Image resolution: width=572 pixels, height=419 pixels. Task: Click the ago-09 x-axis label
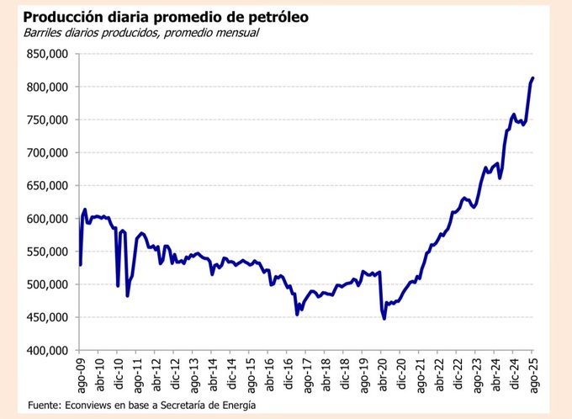(x=80, y=373)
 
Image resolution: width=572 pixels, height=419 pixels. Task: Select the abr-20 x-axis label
(x=383, y=373)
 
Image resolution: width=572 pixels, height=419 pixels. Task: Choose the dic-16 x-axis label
(x=288, y=373)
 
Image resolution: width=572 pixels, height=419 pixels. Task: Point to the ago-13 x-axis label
(x=193, y=373)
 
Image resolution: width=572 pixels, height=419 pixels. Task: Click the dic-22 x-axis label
(x=458, y=373)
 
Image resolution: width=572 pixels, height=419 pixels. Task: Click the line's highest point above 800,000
(x=533, y=78)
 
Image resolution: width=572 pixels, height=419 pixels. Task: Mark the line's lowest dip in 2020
(x=384, y=319)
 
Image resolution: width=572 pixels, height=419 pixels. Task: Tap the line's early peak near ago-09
(x=85, y=209)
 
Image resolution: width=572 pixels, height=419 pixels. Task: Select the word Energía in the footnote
(x=235, y=405)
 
